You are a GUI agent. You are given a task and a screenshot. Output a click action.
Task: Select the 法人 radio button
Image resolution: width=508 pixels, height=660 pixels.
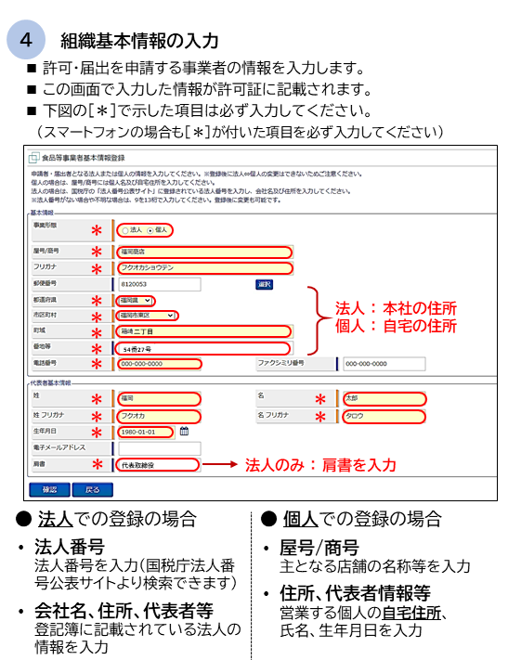125,228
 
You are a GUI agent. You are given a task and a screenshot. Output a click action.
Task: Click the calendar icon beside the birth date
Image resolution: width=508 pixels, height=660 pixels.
184,431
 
